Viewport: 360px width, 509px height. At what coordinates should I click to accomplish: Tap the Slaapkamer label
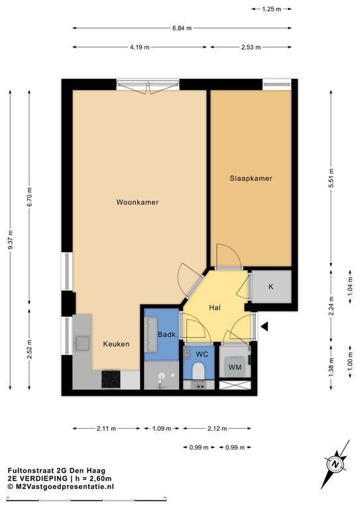click(x=251, y=178)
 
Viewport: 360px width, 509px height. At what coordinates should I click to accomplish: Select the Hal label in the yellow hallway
click(x=215, y=308)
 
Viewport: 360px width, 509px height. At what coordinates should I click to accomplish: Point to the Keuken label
click(x=116, y=344)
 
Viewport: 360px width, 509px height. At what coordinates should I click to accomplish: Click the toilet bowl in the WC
click(x=198, y=370)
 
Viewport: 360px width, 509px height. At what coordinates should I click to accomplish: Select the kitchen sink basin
click(x=82, y=344)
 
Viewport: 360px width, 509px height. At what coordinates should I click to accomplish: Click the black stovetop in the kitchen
click(x=111, y=379)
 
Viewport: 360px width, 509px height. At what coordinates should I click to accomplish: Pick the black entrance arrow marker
click(x=265, y=327)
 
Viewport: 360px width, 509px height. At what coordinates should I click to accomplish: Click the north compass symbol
click(x=335, y=464)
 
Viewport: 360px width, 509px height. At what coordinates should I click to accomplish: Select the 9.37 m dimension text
click(x=11, y=239)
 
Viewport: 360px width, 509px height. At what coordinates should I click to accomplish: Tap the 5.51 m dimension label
click(x=331, y=178)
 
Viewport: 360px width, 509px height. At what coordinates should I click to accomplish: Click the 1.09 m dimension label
click(x=162, y=429)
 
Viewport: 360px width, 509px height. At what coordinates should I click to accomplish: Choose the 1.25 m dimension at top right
click(x=272, y=9)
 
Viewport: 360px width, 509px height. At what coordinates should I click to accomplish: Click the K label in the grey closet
click(x=270, y=286)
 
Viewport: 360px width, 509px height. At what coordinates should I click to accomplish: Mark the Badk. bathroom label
click(x=168, y=334)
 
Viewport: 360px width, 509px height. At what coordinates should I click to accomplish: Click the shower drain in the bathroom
click(x=161, y=376)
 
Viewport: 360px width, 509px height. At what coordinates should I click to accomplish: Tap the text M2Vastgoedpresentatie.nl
click(x=64, y=486)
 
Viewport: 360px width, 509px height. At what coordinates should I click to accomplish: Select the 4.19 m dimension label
click(x=140, y=48)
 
